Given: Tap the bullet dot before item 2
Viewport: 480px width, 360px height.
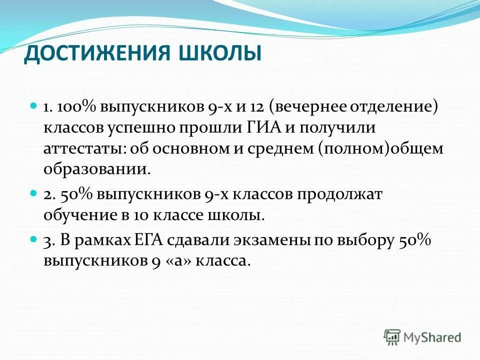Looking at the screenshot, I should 34,193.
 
